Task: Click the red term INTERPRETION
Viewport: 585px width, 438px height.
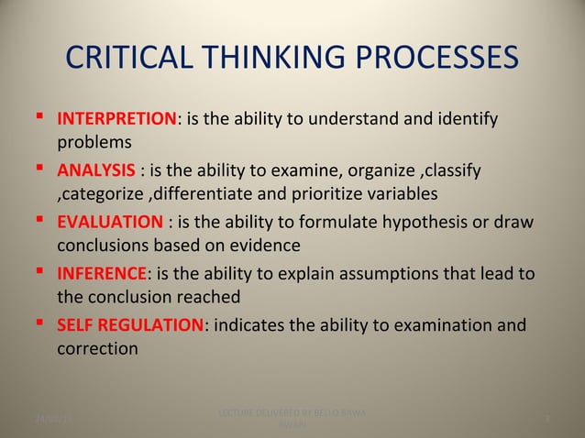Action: pyautogui.click(x=116, y=120)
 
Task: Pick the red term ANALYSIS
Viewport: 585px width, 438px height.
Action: pyautogui.click(x=96, y=171)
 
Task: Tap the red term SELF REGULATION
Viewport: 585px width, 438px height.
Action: pyautogui.click(x=134, y=325)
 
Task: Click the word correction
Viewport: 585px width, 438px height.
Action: pyautogui.click(x=98, y=349)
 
